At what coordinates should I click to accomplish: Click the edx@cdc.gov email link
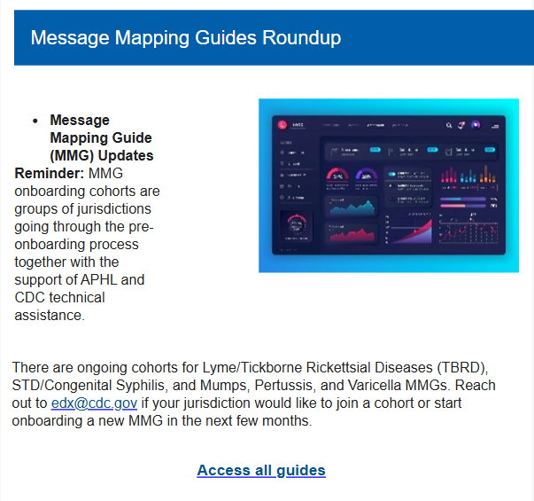pos(94,403)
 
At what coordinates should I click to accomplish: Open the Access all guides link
pos(261,470)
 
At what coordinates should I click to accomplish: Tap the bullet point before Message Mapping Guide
pos(35,121)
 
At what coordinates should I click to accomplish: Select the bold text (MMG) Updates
pos(101,156)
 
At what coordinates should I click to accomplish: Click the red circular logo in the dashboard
pos(282,125)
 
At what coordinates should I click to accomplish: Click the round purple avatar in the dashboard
pos(476,125)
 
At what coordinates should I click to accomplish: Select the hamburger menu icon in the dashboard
pos(495,126)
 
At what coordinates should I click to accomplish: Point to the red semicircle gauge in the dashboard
pos(337,175)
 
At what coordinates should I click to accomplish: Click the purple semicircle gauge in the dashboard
pos(365,175)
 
